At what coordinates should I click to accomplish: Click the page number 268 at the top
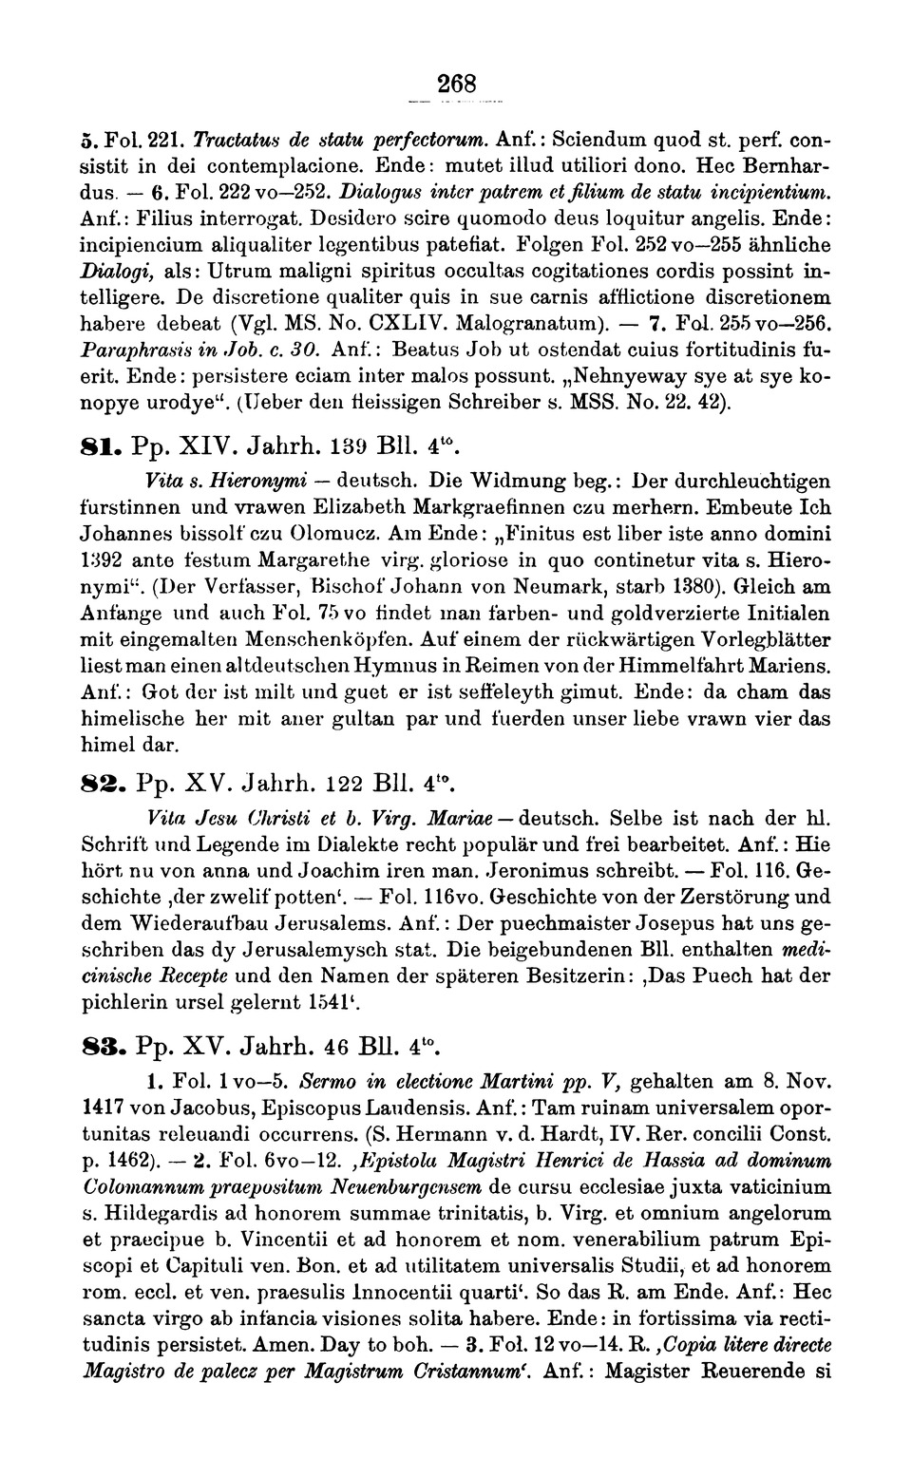pos(456,83)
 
